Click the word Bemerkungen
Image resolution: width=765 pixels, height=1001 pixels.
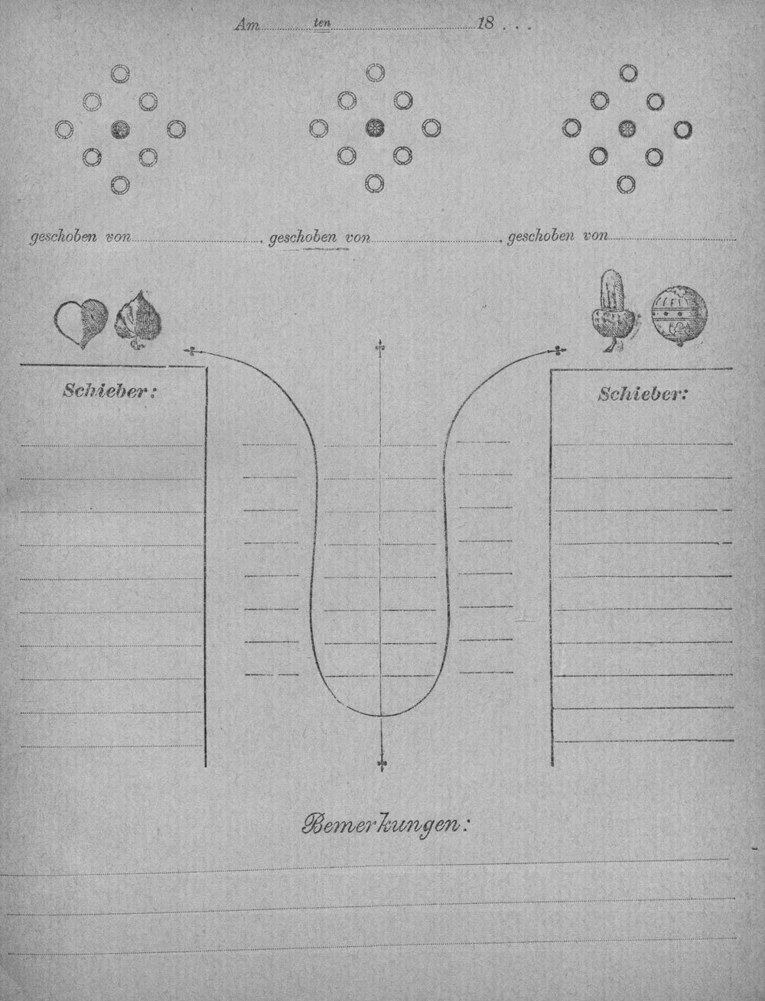(x=386, y=833)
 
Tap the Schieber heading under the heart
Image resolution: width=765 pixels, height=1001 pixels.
(x=109, y=392)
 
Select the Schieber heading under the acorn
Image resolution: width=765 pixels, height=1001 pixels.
(x=642, y=394)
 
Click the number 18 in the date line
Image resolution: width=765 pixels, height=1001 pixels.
(x=485, y=23)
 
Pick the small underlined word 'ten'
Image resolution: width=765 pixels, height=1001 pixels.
(x=323, y=23)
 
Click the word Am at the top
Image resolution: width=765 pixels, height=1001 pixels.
(x=247, y=25)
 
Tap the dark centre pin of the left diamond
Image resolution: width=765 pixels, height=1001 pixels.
(x=120, y=130)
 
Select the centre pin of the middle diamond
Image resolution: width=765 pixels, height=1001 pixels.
(x=375, y=128)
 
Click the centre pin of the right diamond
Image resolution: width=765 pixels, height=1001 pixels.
(x=627, y=129)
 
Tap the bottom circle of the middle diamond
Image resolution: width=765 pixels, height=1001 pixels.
(x=375, y=184)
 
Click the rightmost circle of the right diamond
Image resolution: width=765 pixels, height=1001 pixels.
(x=683, y=130)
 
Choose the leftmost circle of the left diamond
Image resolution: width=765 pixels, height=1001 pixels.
(x=63, y=130)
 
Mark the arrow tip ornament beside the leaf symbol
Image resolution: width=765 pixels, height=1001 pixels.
(x=191, y=351)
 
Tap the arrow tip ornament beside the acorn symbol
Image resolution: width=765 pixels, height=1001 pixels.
(x=558, y=350)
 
